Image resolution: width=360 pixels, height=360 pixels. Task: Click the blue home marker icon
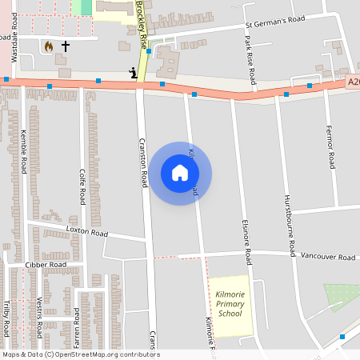pyautogui.click(x=180, y=173)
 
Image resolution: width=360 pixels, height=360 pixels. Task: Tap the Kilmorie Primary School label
pyautogui.click(x=230, y=304)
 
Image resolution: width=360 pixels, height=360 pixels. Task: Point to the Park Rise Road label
pyautogui.click(x=252, y=59)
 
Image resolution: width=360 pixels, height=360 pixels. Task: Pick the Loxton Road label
pyautogui.click(x=87, y=233)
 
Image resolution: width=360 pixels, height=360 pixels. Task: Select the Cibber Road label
pyautogui.click(x=46, y=264)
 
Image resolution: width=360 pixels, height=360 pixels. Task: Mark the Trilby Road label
pyautogui.click(x=6, y=318)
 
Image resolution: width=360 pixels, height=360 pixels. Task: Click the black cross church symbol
pyautogui.click(x=66, y=46)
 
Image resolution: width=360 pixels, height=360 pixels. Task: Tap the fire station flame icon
pyautogui.click(x=49, y=46)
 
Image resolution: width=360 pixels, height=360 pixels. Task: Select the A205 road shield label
pyautogui.click(x=354, y=82)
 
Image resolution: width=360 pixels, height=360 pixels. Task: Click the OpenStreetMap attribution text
pyautogui.click(x=81, y=354)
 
